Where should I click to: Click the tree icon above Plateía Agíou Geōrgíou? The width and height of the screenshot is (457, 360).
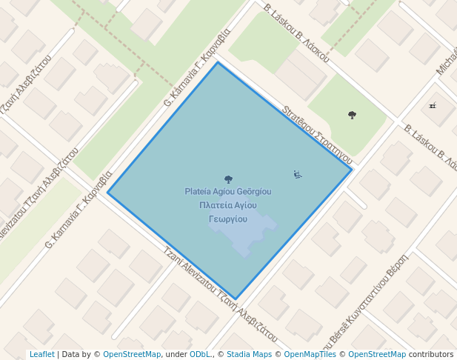[228, 179]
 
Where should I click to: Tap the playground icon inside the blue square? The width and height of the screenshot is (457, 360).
[297, 175]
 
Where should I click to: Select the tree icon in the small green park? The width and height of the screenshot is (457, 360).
[352, 115]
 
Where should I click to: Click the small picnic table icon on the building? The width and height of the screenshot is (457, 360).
[433, 106]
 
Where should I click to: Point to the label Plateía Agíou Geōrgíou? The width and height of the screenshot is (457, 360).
[228, 192]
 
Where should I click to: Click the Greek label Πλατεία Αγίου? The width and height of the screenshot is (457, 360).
[228, 205]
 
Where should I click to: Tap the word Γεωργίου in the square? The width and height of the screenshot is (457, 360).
[227, 219]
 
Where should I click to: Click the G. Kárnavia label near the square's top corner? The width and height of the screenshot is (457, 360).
[197, 64]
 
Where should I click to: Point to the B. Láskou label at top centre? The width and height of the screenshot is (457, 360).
[296, 34]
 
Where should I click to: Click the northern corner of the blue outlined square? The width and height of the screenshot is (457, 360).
[218, 63]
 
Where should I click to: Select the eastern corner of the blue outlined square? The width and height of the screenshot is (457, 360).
[351, 170]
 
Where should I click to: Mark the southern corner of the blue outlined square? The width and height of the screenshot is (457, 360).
[236, 299]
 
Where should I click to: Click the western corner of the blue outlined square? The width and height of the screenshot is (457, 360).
[108, 193]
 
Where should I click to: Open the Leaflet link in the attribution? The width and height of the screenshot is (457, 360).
[41, 355]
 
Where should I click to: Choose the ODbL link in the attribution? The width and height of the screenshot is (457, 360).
[200, 355]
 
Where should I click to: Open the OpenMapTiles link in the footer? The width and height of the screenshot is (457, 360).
[310, 355]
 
